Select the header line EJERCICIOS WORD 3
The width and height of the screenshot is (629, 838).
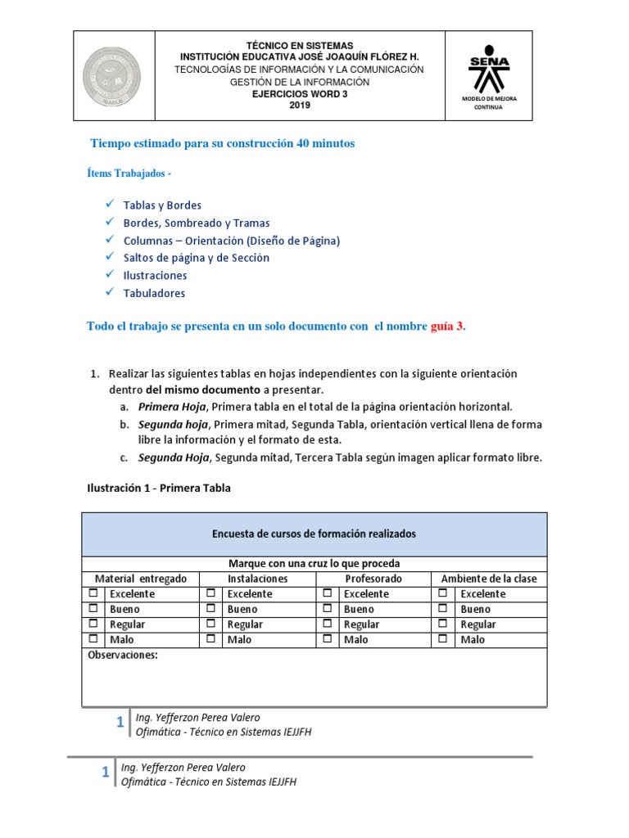[x=299, y=94]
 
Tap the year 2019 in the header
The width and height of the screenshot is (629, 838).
[x=300, y=106]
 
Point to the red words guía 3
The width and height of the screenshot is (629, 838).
[x=447, y=326]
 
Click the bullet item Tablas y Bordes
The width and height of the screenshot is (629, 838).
[x=162, y=205]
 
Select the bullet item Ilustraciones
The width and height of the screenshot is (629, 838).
[x=155, y=276]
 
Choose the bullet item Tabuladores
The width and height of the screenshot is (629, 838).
[x=154, y=293]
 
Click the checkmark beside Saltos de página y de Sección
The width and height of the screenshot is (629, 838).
[x=109, y=258]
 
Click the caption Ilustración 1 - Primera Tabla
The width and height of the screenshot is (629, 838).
[x=159, y=488]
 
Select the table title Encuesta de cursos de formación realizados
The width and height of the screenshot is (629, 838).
[x=314, y=534]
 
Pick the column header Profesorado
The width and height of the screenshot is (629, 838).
[x=373, y=579]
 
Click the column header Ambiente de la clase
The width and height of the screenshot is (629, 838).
[x=489, y=579]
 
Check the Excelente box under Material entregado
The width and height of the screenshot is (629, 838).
[x=93, y=593]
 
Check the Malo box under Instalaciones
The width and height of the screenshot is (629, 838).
[x=210, y=639]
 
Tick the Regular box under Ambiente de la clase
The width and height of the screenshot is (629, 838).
[x=443, y=624]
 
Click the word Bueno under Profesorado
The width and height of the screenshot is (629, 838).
[x=358, y=609]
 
